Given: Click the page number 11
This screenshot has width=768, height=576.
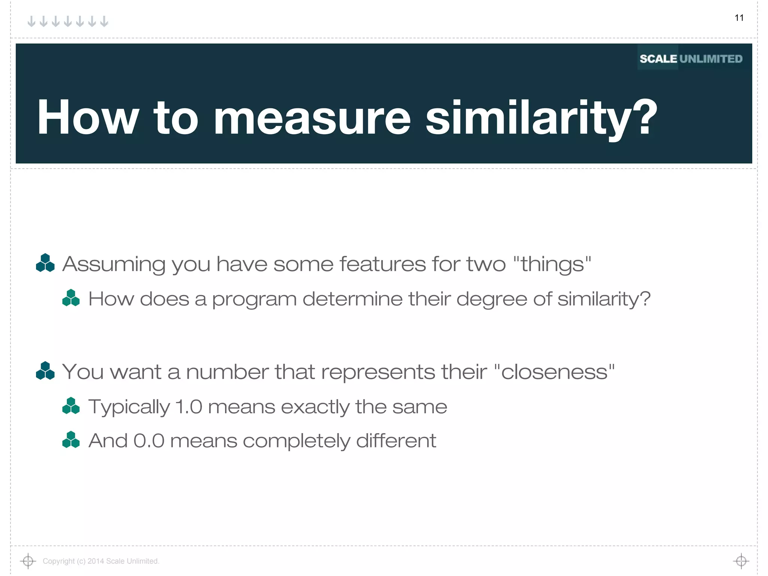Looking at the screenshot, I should pos(739,18).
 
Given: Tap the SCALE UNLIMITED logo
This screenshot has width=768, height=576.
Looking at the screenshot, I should pos(691,59).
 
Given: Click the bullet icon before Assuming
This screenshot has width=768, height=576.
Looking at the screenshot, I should pos(45,263).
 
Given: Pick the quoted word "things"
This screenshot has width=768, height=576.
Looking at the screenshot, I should pos(552,264).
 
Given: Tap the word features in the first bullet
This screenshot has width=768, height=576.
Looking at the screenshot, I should pos(382,264).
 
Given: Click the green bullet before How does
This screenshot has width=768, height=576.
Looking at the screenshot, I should pos(71,298).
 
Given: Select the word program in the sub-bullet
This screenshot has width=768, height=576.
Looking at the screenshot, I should pos(254,300).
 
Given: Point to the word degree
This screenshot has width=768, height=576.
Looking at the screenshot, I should pos(491,300).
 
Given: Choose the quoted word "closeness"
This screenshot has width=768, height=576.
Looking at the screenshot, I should pos(555,372).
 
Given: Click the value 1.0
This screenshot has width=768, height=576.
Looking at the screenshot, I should pos(189,407).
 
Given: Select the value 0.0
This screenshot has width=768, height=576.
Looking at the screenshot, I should pos(149,441).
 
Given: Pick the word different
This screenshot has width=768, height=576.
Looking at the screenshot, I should pos(396,441).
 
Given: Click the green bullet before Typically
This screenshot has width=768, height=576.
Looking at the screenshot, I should pos(71,406).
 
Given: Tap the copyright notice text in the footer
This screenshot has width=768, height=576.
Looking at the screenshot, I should pos(101,561).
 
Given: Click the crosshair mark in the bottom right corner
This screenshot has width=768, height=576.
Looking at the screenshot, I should pos(741,561).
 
